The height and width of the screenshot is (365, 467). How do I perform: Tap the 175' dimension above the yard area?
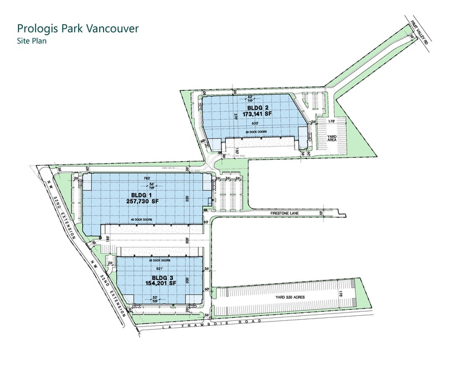pyautogui.click(x=331, y=121)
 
